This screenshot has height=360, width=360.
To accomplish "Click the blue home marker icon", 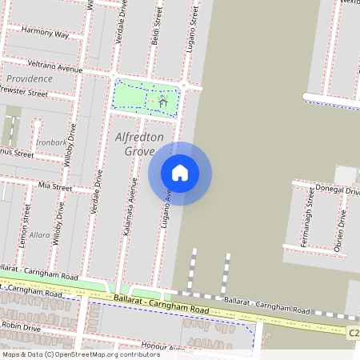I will [x=180, y=173].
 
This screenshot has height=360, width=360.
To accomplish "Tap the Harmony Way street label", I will [x=45, y=33].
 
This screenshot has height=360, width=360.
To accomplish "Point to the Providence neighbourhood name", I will [x=29, y=79].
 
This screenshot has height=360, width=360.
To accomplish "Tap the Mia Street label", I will [x=54, y=187].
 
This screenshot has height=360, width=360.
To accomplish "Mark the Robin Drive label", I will [x=22, y=327].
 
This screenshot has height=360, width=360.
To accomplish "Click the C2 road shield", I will [x=353, y=331].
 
